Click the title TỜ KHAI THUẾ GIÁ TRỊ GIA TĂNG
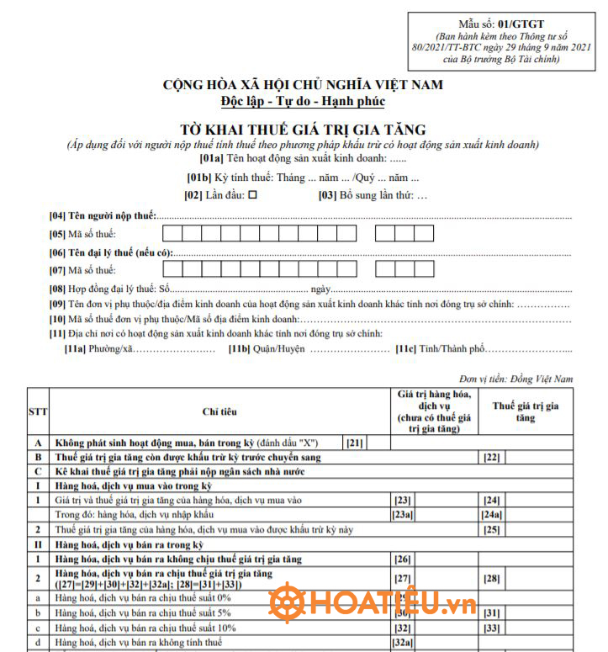303,130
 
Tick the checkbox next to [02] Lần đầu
251,196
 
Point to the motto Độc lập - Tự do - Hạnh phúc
303,102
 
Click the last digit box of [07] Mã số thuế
424,270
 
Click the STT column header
39,411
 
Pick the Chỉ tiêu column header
219,411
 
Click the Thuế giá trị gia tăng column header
526,411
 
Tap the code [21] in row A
354,442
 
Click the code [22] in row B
492,457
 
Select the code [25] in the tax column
492,529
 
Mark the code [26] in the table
403,559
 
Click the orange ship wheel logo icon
287,603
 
